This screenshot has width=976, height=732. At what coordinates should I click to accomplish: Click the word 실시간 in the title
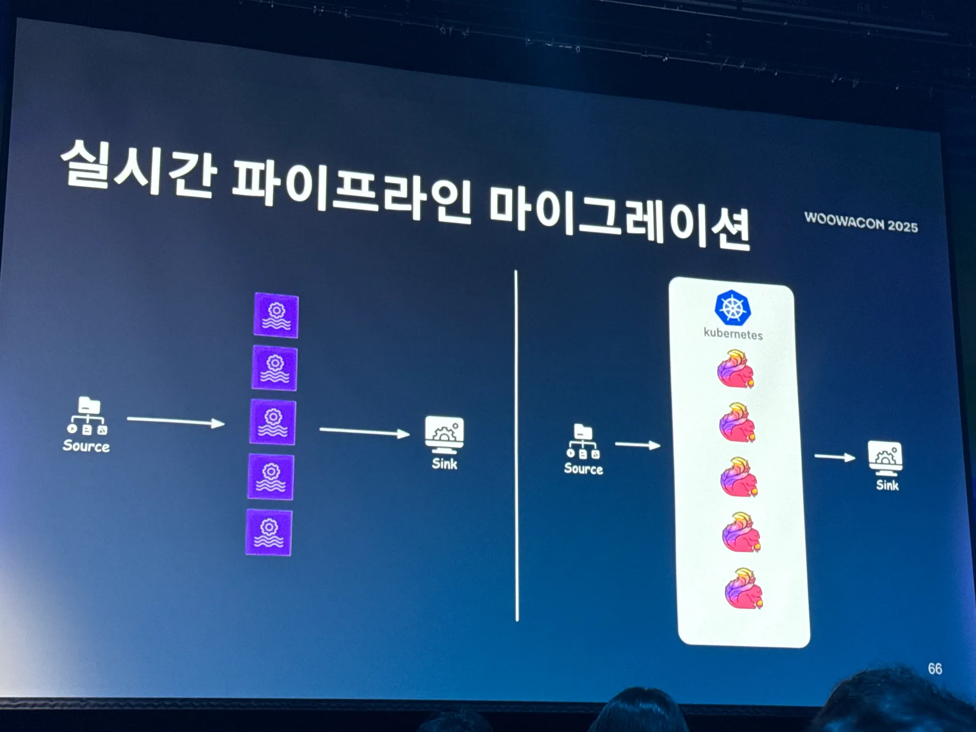(x=138, y=169)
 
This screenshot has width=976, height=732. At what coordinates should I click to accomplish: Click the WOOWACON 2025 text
(x=861, y=223)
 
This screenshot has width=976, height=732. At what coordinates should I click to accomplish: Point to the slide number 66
(x=935, y=669)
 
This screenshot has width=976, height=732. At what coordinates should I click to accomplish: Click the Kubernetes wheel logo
(x=732, y=308)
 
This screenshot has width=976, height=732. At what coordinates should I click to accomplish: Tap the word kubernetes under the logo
(x=733, y=334)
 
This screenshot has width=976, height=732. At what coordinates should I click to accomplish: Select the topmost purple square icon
(x=276, y=315)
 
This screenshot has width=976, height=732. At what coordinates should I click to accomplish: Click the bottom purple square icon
(x=269, y=532)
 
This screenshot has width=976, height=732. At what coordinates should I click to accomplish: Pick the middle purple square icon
(x=273, y=423)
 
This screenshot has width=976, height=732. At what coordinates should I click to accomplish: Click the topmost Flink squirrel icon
(x=735, y=369)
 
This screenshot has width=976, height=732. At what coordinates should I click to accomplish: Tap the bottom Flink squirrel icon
(x=743, y=589)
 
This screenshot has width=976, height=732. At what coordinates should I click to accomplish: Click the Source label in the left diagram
(x=86, y=446)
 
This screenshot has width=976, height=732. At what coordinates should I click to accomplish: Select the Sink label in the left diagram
(x=444, y=464)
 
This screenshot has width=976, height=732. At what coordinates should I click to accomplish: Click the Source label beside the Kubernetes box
(x=583, y=469)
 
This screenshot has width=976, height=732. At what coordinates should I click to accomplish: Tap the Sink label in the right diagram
(x=887, y=486)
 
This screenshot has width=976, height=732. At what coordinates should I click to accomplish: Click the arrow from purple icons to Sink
(x=364, y=432)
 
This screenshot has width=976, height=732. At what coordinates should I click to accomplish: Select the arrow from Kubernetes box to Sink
(x=834, y=457)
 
